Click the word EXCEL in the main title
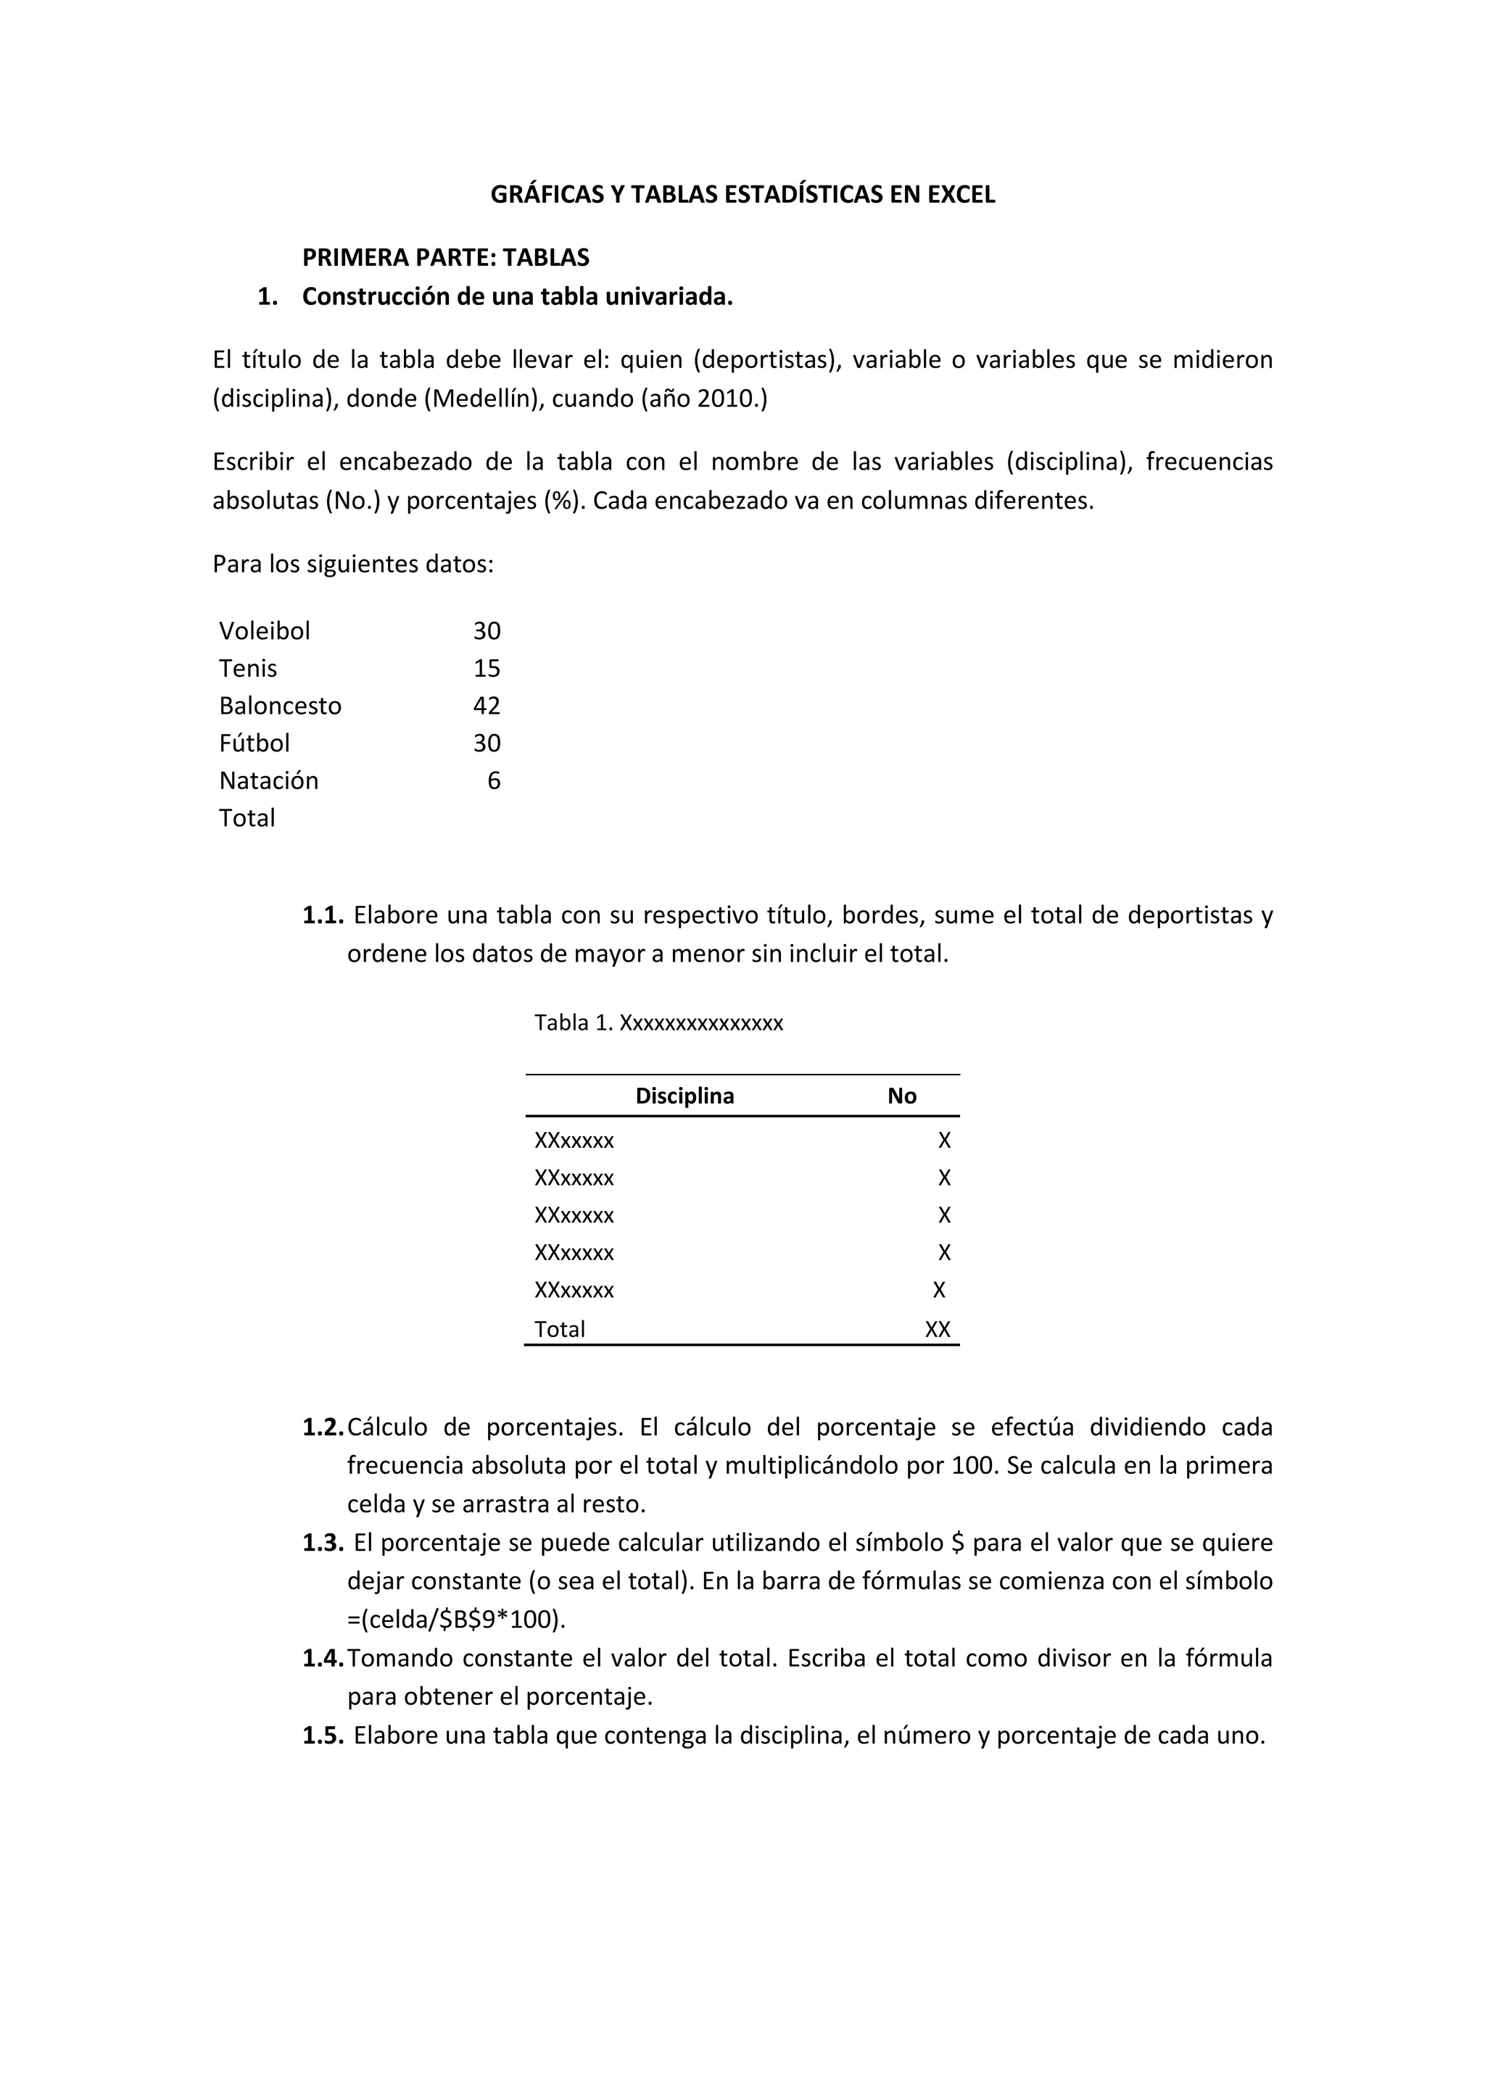click(961, 195)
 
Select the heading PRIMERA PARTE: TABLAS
click(446, 258)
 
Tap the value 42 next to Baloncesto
click(486, 706)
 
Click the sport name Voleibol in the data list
click(265, 631)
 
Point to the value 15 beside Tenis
click(486, 669)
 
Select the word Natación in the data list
click(268, 781)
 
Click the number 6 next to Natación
click(493, 781)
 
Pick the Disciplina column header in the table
click(684, 1096)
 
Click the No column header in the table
click(901, 1096)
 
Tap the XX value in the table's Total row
click(937, 1330)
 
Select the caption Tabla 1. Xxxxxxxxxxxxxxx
click(659, 1022)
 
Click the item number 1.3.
click(322, 1543)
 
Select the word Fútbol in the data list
click(255, 743)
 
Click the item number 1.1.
click(322, 914)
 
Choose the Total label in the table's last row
click(559, 1330)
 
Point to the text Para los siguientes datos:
click(353, 564)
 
